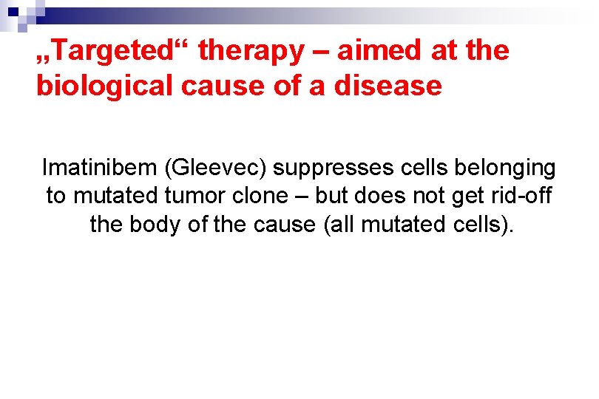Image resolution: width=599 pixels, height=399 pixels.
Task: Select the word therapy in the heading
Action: coord(251,51)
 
